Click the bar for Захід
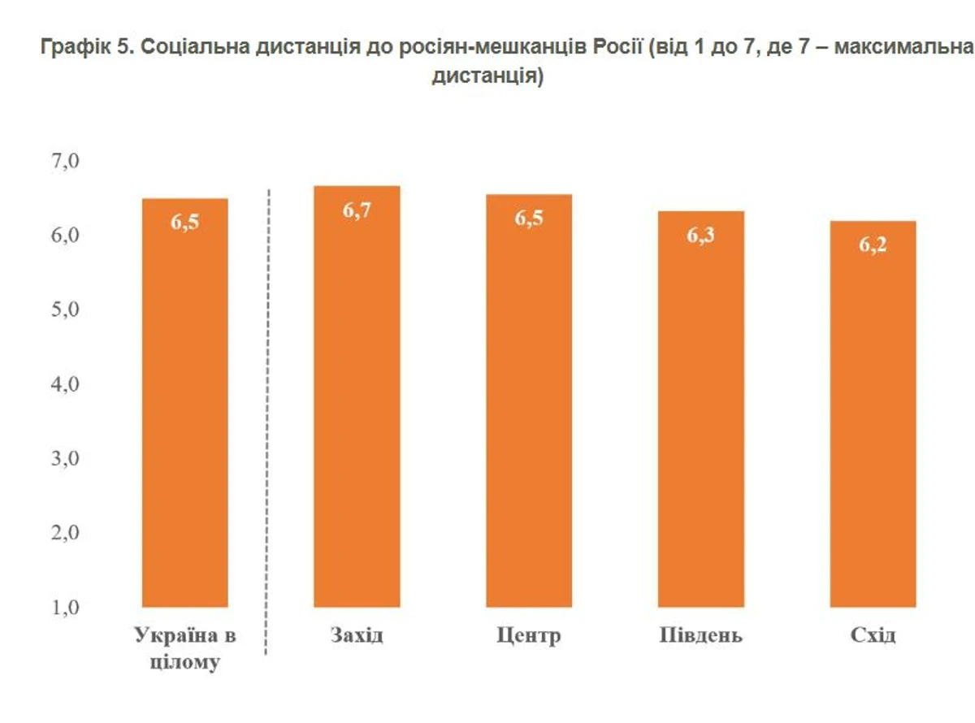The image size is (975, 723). tap(357, 406)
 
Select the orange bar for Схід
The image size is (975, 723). tap(873, 422)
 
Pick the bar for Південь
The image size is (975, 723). tap(700, 414)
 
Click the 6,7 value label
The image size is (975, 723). tap(357, 210)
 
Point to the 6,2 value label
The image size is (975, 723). tap(873, 245)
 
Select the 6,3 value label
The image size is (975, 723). tap(700, 236)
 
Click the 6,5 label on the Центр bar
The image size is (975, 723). tap(529, 219)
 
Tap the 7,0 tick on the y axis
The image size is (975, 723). tap(65, 161)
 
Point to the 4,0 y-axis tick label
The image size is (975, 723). tap(65, 384)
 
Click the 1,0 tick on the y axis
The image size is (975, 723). tap(65, 608)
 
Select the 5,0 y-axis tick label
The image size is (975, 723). tap(65, 310)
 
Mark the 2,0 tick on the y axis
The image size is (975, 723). tap(65, 533)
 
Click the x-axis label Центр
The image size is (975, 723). tap(529, 635)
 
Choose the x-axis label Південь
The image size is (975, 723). tap(700, 635)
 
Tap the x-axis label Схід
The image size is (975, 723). tap(873, 635)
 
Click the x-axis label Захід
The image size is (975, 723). tap(357, 635)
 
